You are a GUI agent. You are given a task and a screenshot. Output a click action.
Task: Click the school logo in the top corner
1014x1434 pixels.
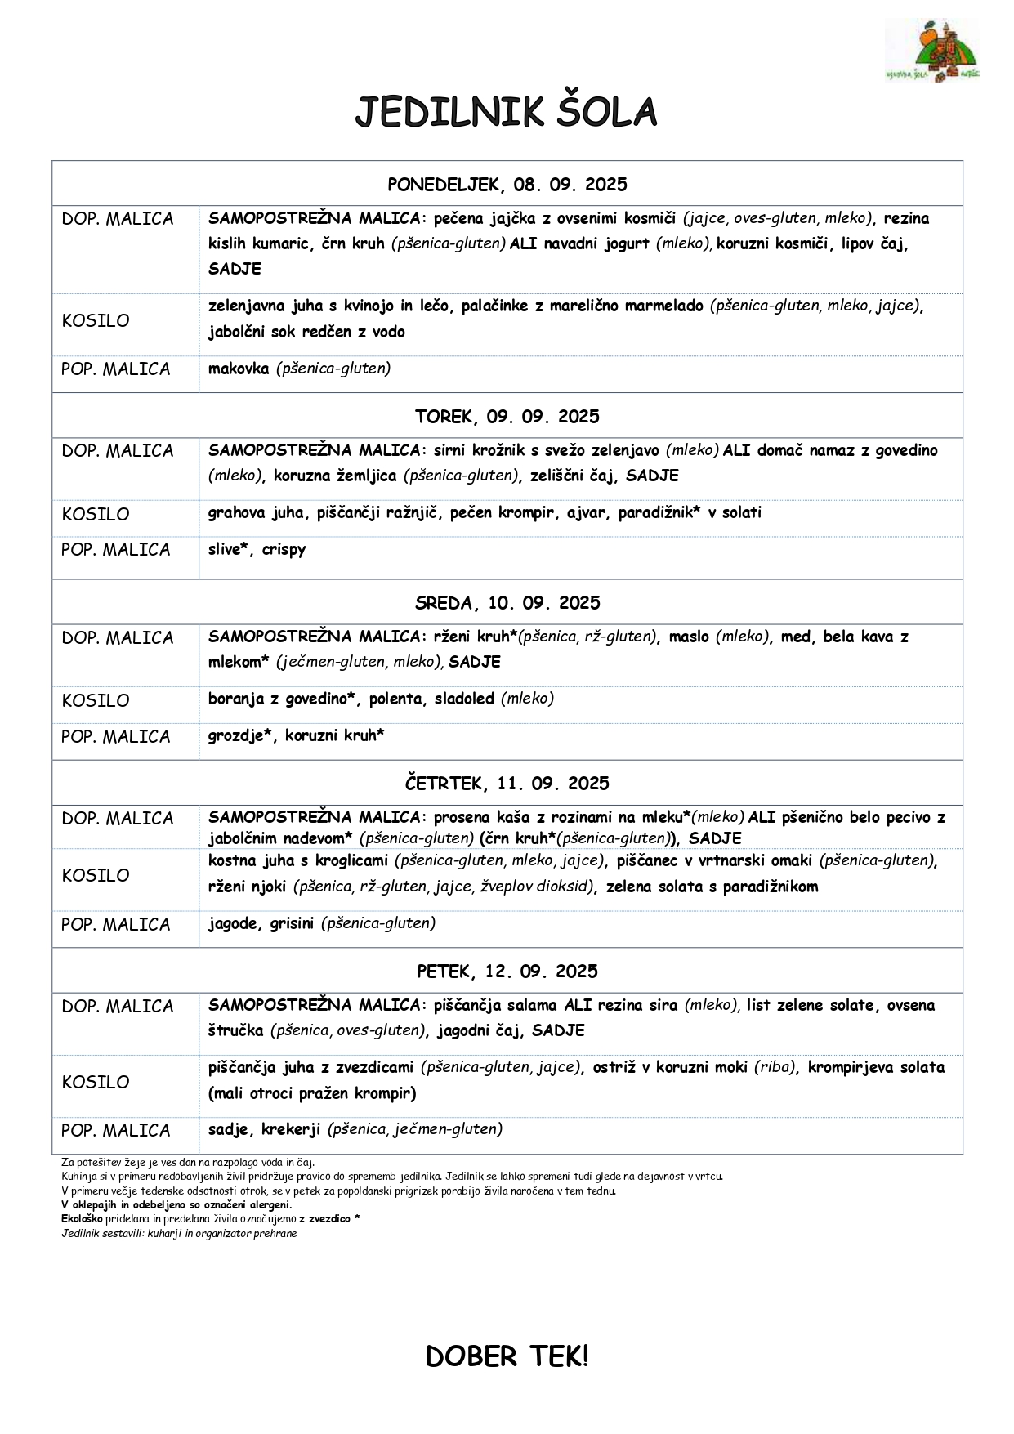(x=932, y=51)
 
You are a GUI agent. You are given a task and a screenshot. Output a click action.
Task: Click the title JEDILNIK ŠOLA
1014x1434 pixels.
(x=506, y=113)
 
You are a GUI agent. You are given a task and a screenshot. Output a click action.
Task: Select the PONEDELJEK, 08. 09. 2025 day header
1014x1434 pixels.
(x=507, y=185)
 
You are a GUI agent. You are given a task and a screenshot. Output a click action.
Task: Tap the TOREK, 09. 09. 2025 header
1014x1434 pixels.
(x=507, y=417)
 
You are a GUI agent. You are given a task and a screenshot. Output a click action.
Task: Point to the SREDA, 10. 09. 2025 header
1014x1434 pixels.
(x=507, y=603)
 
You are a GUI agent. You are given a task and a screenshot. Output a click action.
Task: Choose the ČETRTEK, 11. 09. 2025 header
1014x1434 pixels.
(x=507, y=784)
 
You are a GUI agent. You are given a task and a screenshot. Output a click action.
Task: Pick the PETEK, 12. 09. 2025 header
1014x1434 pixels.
(x=507, y=972)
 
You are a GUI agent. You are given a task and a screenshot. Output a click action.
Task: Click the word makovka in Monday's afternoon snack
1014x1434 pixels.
(x=239, y=369)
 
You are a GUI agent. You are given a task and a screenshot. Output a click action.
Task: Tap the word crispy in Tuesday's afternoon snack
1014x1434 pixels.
(x=284, y=550)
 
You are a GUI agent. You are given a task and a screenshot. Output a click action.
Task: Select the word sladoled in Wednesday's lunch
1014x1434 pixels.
(x=464, y=699)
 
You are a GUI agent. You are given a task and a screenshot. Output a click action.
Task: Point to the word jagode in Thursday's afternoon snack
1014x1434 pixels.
(x=233, y=924)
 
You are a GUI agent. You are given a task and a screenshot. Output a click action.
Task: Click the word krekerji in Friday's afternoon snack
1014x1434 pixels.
(x=291, y=1129)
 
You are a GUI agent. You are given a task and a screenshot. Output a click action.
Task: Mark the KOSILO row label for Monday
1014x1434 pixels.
(x=96, y=321)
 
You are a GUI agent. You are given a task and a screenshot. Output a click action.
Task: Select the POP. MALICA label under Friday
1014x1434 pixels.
(x=116, y=1131)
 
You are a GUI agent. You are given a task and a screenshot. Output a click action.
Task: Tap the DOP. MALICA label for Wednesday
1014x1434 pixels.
(x=118, y=638)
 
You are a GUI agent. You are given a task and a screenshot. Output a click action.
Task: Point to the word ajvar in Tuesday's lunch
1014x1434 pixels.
(x=587, y=513)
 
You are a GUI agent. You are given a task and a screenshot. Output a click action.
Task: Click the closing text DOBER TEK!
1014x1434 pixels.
(x=507, y=1357)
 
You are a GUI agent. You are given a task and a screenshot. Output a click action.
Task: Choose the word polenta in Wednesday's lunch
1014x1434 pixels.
(x=395, y=699)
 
